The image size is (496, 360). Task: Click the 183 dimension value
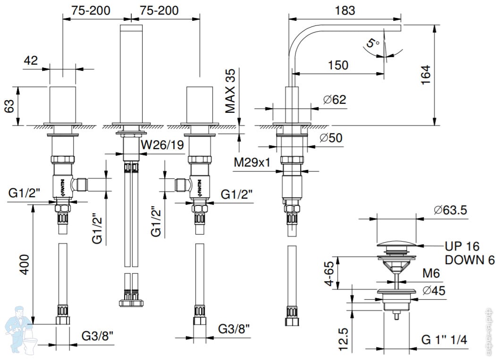346,10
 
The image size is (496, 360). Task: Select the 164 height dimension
425,75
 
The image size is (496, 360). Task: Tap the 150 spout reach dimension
339,65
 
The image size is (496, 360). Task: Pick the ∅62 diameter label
335,100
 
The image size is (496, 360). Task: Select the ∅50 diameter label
331,138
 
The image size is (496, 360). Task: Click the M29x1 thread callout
252,163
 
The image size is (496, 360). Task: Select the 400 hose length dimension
24,265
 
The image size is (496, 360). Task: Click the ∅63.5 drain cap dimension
450,210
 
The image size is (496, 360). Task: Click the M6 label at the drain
432,273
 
